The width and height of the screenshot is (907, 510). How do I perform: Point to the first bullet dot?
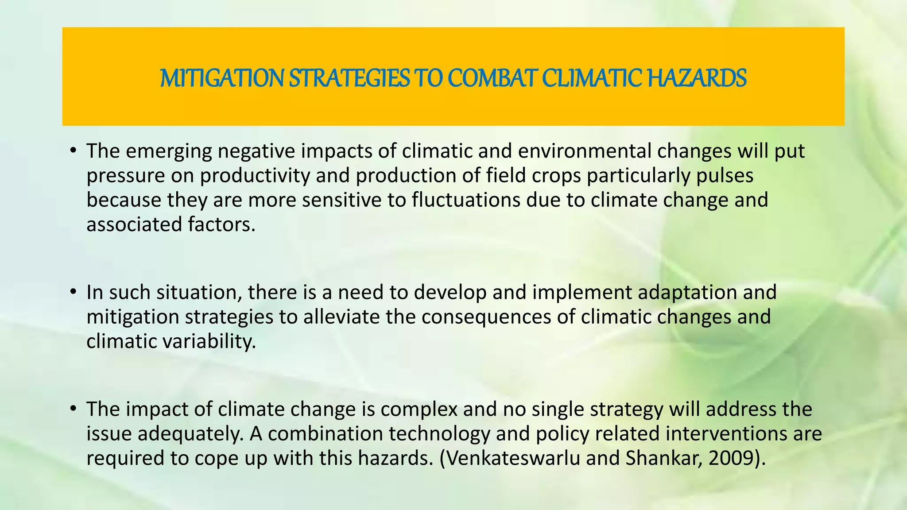click(73, 151)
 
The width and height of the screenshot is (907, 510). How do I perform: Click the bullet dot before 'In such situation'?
click(73, 293)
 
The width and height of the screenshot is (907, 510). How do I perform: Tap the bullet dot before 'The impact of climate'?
click(73, 409)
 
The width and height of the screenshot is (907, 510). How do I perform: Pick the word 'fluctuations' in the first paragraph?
click(465, 200)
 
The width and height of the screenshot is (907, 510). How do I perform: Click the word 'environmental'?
click(585, 151)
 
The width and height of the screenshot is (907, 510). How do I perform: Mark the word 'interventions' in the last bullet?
click(727, 433)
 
